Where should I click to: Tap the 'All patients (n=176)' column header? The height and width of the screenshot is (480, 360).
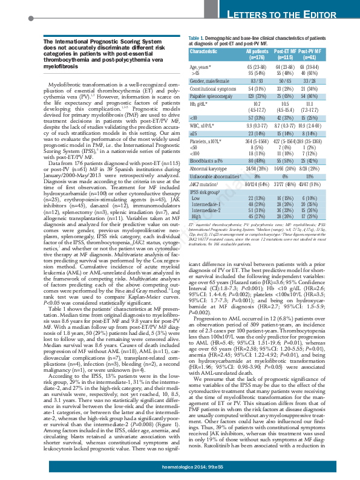point(258,54)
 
